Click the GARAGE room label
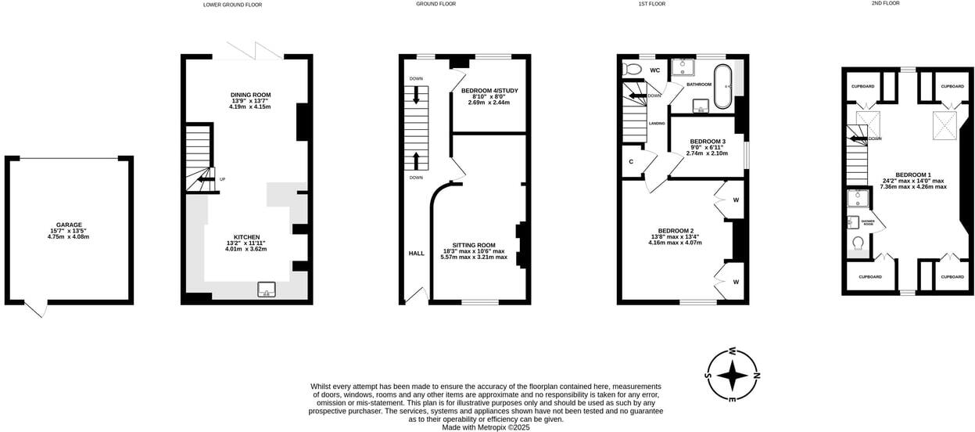(68, 225)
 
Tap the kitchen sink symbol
(267, 290)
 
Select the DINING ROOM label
(250, 95)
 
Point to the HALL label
(416, 254)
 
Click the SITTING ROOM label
(474, 245)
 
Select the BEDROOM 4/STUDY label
(489, 91)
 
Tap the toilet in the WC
(632, 70)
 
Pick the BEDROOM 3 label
(707, 142)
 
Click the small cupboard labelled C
(631, 162)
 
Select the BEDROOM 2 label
(675, 231)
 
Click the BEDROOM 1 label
(912, 175)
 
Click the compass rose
(732, 376)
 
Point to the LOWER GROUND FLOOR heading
(232, 5)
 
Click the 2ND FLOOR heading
(885, 3)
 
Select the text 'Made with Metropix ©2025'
(486, 427)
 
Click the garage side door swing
(36, 310)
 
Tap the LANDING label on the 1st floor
(657, 124)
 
